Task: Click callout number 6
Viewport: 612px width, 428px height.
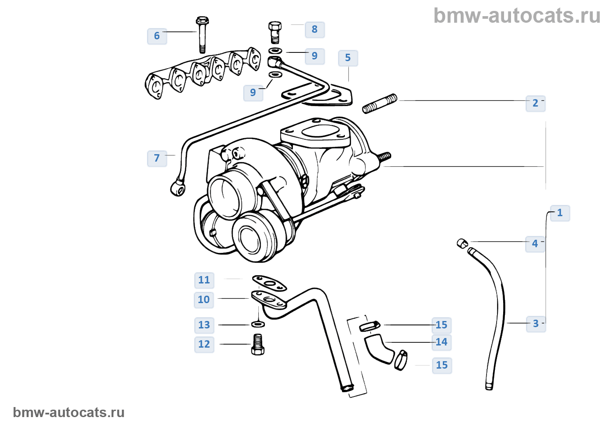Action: coord(157,36)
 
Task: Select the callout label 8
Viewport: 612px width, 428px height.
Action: coord(314,29)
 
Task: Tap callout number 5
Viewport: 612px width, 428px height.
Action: coord(348,58)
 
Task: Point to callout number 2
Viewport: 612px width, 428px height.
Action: coord(535,103)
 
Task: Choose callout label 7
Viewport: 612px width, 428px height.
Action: coord(157,158)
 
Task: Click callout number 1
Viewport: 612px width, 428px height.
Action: coord(560,213)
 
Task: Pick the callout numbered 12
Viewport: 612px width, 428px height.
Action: coord(204,344)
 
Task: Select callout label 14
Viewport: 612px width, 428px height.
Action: coord(442,342)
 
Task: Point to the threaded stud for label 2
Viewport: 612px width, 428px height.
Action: coord(380,104)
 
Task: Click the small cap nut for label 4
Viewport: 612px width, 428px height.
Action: coord(462,243)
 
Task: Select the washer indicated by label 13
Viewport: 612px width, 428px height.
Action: coord(258,324)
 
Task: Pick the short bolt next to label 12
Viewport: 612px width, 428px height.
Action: coord(258,344)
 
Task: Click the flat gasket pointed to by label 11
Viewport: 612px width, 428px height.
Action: coord(269,283)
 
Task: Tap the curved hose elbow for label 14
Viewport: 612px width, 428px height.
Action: coord(379,348)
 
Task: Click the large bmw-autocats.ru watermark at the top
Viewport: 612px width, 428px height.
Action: coord(517,16)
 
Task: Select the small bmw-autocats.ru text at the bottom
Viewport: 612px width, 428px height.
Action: coord(69,412)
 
